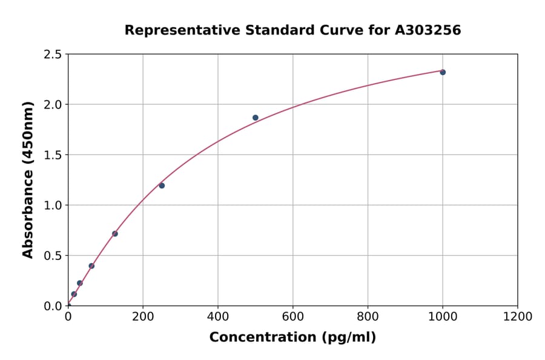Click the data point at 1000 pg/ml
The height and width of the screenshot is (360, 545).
[443, 72]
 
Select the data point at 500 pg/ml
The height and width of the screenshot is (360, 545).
[256, 118]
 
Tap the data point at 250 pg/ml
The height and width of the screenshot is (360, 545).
[162, 185]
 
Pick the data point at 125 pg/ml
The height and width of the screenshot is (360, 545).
[115, 234]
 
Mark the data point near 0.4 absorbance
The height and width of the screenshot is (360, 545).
[91, 266]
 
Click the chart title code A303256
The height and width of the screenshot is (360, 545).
[428, 30]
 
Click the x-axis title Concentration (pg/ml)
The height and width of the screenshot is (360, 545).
[292, 338]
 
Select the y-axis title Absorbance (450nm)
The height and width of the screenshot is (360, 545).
[28, 179]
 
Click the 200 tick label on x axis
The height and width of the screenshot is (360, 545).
[143, 316]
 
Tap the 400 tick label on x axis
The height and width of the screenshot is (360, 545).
[218, 316]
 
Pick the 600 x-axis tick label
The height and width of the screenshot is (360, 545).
[292, 316]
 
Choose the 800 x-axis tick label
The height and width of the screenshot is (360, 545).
[368, 316]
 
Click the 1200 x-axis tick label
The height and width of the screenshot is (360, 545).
[518, 316]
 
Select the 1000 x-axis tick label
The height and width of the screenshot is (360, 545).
[443, 316]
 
